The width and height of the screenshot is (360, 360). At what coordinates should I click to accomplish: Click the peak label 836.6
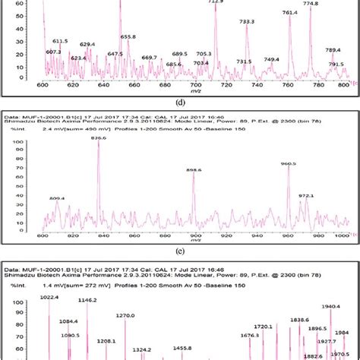pos(99,137)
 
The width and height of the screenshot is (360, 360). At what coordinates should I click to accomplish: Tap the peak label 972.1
pos(306,195)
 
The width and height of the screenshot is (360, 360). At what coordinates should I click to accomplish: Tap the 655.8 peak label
pos(128,36)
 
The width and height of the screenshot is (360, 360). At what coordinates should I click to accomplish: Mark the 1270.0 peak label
pos(125,315)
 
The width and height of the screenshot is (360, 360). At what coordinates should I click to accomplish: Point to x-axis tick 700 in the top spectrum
pos(197,85)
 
